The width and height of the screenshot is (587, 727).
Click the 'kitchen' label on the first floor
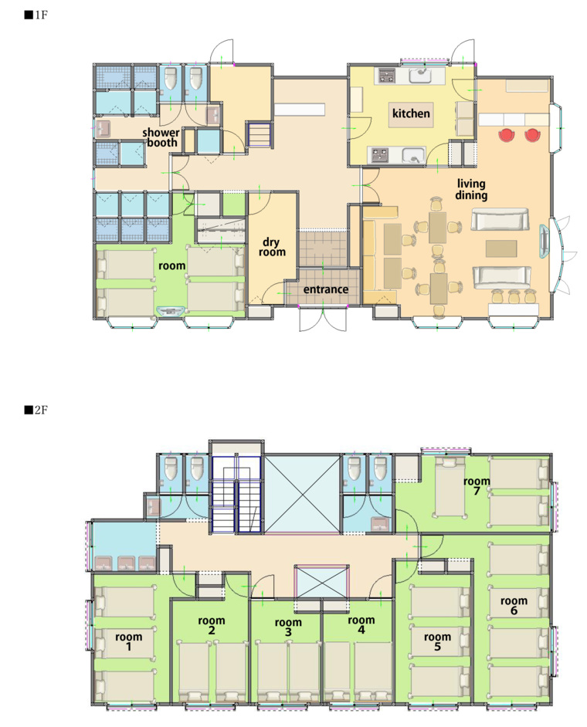click(x=411, y=113)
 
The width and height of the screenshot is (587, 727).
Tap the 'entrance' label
click(x=326, y=289)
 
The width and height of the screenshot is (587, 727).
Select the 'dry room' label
click(x=272, y=247)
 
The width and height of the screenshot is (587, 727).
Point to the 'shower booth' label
click(x=161, y=137)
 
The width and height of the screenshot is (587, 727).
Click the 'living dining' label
click(x=471, y=189)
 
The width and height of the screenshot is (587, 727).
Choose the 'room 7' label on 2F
click(x=477, y=485)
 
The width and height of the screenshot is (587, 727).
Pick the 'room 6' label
click(x=514, y=606)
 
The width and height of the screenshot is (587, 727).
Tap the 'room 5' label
click(x=437, y=641)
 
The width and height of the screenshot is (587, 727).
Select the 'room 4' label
click(x=361, y=624)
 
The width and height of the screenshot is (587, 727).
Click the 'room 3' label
click(x=288, y=627)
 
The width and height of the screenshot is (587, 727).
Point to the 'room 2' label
click(x=212, y=625)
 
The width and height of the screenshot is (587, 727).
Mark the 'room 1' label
click(x=128, y=641)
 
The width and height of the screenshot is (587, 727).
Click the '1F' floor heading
click(x=36, y=15)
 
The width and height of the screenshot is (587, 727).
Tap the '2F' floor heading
click(x=36, y=411)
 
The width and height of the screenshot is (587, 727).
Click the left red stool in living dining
click(x=507, y=135)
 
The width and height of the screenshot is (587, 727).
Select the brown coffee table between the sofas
click(x=501, y=249)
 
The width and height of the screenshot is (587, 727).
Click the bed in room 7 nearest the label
click(x=450, y=487)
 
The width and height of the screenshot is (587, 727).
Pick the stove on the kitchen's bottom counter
click(x=380, y=155)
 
